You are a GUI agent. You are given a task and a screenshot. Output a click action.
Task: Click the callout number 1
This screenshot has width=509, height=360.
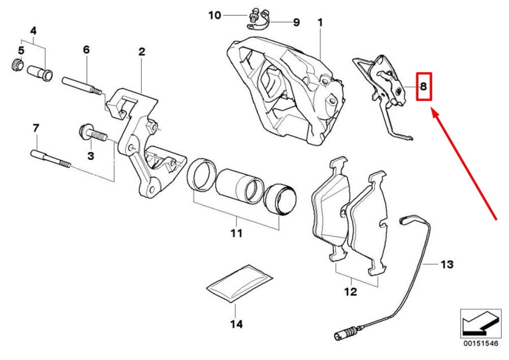coord(320,23)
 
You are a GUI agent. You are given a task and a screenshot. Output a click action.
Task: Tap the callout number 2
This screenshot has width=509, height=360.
coord(142,51)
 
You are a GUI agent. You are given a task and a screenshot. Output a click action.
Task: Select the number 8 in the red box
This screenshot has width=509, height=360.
coord(423,87)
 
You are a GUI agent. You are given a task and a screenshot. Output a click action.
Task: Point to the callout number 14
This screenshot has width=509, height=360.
coord(236,323)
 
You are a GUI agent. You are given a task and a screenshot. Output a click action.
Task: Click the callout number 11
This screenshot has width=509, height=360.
coord(236,234)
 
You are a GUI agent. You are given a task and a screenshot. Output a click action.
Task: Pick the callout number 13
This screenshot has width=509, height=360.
coord(446,265)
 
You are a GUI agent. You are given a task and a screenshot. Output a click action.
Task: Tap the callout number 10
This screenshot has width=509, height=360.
coord(215,15)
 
